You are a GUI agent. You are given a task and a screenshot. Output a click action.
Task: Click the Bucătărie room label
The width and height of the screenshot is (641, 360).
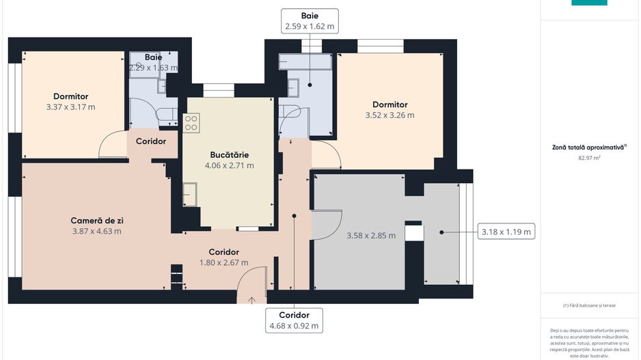(230, 155)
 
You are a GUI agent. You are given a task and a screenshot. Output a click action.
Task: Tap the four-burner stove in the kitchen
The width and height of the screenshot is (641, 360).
(191, 123)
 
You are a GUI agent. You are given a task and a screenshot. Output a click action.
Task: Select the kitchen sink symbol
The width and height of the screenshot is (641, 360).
(190, 195)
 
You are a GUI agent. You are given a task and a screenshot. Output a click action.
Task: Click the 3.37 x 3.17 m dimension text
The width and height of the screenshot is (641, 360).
(70, 107)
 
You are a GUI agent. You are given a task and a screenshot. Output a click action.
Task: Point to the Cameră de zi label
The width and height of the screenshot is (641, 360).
(97, 221)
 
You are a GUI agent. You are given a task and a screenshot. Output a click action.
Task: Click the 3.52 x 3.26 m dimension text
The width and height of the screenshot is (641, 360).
(390, 115)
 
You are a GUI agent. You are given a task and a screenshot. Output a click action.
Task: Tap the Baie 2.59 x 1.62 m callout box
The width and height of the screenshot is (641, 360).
(310, 21)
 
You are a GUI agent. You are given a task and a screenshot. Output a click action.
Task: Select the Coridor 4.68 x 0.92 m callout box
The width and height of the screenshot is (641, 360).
(294, 320)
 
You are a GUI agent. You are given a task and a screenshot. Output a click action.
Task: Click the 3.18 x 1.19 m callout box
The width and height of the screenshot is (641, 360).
(506, 232)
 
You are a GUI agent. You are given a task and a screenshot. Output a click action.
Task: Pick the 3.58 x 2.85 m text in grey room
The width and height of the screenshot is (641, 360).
(371, 236)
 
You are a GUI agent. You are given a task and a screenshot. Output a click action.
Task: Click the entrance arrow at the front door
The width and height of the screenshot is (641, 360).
(251, 301)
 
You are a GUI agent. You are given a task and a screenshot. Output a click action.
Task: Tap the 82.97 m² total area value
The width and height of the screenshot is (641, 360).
(589, 158)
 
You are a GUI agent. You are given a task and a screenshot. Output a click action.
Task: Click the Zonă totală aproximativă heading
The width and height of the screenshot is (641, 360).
(589, 147)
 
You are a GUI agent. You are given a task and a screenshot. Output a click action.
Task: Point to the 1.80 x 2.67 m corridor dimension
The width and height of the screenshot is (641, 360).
(223, 263)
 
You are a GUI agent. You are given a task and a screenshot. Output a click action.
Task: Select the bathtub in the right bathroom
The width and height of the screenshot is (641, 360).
(305, 61)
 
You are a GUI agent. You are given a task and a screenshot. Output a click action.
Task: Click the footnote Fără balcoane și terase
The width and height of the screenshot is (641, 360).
(589, 305)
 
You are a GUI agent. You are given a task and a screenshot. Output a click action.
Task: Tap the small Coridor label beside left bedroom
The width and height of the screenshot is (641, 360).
(151, 141)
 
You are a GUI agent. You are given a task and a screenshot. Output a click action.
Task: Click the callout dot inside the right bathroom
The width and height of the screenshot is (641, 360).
(310, 85)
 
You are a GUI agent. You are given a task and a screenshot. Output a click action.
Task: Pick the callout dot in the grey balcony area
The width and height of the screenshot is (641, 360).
(441, 232)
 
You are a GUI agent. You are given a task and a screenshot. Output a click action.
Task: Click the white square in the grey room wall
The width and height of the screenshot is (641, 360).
(413, 233)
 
